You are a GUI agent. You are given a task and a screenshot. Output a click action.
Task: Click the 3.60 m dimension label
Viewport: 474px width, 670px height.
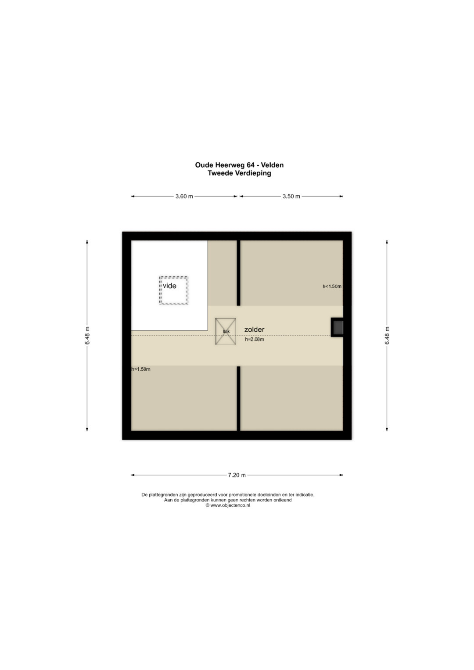(184, 197)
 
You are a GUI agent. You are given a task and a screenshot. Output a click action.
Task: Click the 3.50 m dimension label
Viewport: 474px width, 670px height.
(291, 197)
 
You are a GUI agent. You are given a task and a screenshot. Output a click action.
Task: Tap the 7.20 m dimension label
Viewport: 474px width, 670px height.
(237, 475)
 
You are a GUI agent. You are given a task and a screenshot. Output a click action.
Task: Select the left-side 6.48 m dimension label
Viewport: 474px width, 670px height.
(87, 336)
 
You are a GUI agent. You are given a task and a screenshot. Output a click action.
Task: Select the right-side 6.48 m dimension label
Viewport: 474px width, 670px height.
(387, 336)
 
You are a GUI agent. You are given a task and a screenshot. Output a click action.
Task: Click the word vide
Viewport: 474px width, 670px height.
(169, 286)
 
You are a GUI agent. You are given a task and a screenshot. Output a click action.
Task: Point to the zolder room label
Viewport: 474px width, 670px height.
(255, 330)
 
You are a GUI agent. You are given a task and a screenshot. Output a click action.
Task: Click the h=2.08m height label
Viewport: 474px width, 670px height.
(255, 340)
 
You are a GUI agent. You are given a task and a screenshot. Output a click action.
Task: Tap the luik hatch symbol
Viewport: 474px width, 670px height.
(225, 331)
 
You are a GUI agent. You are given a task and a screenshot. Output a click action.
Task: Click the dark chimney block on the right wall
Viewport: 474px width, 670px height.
(337, 327)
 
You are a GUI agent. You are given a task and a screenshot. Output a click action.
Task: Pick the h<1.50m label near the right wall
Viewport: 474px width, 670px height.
(332, 286)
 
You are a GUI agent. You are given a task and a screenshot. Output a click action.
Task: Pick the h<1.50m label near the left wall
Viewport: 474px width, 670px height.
(141, 369)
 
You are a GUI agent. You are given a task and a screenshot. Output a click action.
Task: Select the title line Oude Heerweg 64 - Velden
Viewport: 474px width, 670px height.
(239, 165)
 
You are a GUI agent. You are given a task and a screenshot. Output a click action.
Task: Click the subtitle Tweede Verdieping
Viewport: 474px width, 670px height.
(239, 173)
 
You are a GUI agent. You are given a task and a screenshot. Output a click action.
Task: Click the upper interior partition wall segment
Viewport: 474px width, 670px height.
(238, 273)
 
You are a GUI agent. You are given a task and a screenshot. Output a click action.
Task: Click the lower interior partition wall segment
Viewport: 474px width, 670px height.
(238, 399)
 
